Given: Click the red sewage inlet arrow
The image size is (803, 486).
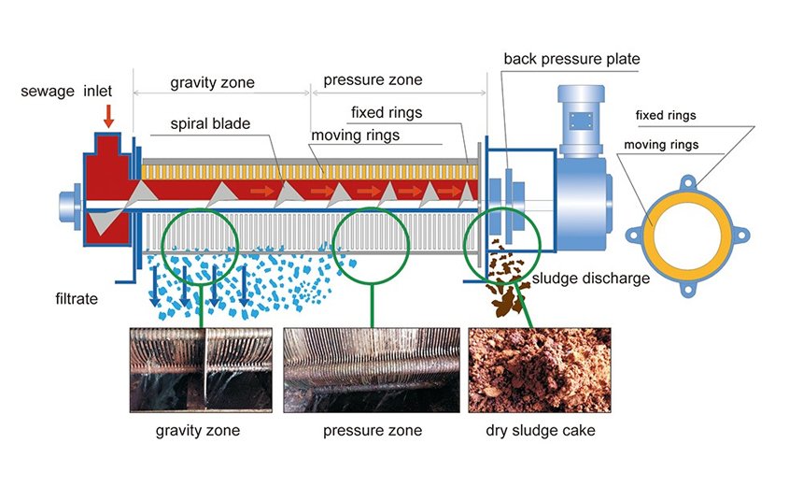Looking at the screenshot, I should (x=109, y=116).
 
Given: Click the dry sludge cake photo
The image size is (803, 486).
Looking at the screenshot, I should (x=540, y=370).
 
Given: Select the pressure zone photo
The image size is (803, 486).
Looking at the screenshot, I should (x=372, y=370).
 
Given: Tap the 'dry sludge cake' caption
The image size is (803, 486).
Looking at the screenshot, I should (x=540, y=431).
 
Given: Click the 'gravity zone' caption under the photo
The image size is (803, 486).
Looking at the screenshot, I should (x=198, y=431).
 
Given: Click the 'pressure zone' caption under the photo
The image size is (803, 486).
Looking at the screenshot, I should (x=372, y=431).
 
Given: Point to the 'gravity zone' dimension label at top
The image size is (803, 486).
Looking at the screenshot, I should (x=212, y=82).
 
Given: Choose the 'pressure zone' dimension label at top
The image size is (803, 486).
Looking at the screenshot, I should (x=373, y=79).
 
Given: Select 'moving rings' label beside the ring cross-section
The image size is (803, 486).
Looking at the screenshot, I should (x=660, y=145).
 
